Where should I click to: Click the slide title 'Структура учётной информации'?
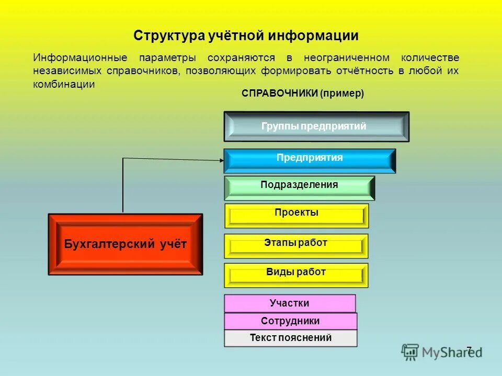coord(246,36)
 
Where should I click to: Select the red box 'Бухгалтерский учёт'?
coord(125,244)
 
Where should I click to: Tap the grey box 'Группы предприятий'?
coord(316,126)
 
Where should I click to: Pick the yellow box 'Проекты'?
coord(296,216)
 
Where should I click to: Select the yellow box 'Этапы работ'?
coord(296,246)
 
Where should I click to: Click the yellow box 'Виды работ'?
coord(296,275)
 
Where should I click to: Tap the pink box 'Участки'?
coord(290,303)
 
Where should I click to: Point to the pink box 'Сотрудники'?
coord(290,321)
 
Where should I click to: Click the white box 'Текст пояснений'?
coord(291,338)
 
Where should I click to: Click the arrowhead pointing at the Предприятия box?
coord(220,160)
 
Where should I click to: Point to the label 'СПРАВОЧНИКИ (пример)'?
coord(302,93)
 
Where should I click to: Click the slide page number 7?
coord(469,350)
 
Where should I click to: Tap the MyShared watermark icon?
coord(410,352)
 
